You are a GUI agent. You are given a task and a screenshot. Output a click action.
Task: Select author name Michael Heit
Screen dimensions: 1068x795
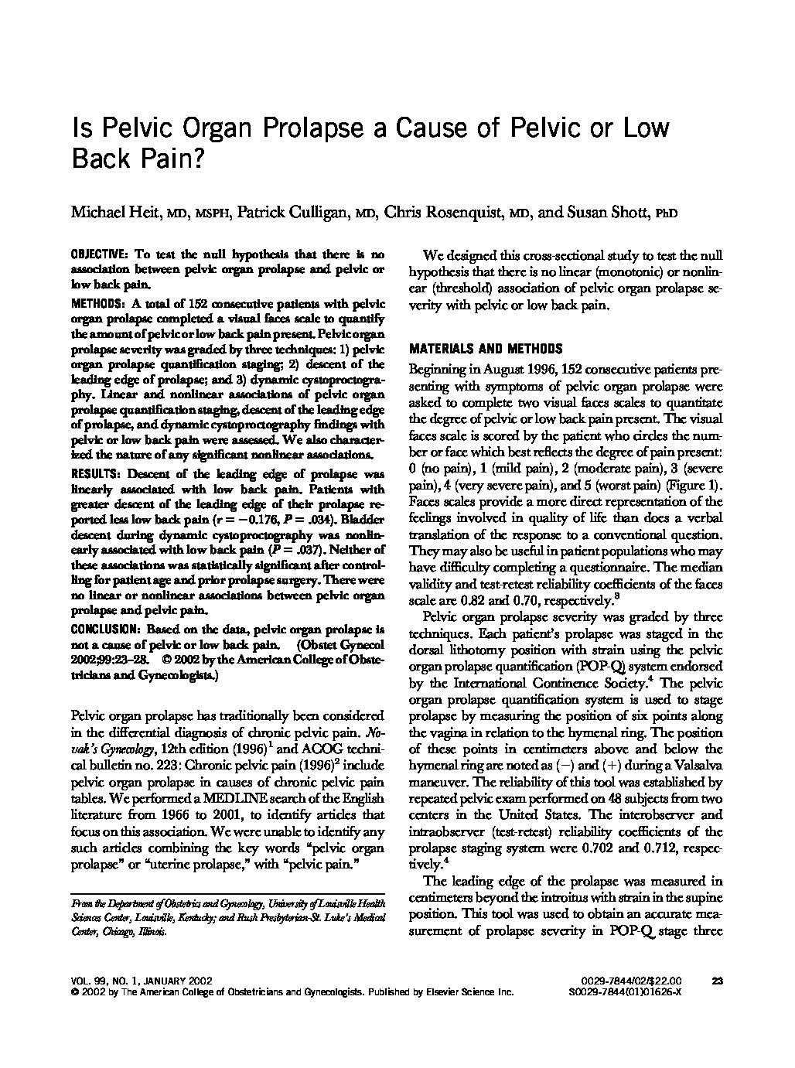coord(111,213)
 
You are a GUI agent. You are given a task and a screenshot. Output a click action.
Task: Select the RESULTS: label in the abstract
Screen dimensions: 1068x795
coord(96,473)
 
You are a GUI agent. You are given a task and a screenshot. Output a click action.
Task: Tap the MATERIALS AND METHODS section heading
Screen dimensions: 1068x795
coord(486,349)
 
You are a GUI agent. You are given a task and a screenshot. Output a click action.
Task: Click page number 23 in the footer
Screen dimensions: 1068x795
coord(716,981)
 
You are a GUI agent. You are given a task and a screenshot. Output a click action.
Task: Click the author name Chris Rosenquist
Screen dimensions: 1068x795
coord(434,213)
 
